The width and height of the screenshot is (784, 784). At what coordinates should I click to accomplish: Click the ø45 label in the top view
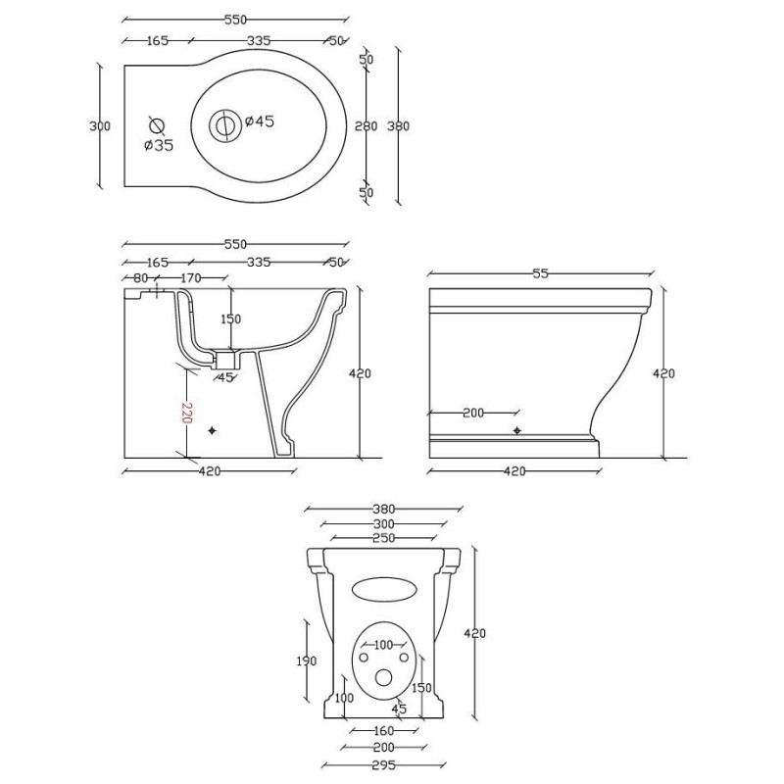tap(260, 121)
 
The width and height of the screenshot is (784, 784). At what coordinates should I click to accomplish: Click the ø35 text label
tap(158, 145)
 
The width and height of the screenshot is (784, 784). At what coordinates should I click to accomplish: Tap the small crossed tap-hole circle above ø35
tap(157, 125)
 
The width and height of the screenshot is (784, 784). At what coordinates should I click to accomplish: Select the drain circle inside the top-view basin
tap(224, 123)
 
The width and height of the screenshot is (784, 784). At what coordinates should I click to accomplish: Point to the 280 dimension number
tap(366, 126)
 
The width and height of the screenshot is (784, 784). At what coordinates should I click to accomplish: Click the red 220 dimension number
tap(186, 413)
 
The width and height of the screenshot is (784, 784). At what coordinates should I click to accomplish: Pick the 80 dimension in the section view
tap(140, 277)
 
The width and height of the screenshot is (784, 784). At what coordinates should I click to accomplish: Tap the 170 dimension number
tap(190, 277)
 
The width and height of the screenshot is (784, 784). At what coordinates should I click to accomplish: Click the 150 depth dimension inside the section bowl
tap(230, 318)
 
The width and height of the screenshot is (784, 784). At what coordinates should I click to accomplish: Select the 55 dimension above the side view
tap(541, 273)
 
